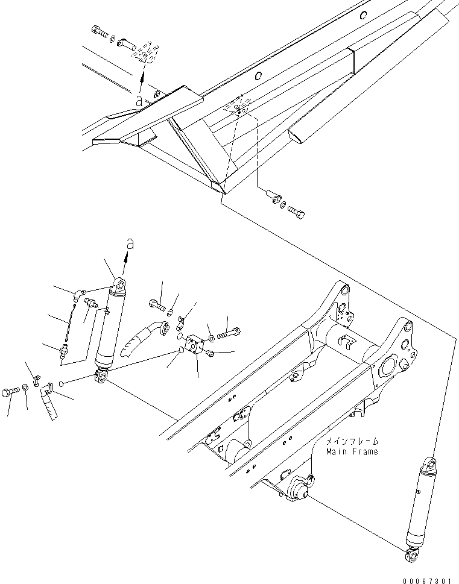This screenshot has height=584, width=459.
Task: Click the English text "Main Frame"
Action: point(352,451)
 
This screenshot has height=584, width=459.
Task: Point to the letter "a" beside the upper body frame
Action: point(139,102)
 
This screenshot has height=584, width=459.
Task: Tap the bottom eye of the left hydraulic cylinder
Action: point(101,378)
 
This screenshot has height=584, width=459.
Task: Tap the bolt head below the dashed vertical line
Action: point(297,213)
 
